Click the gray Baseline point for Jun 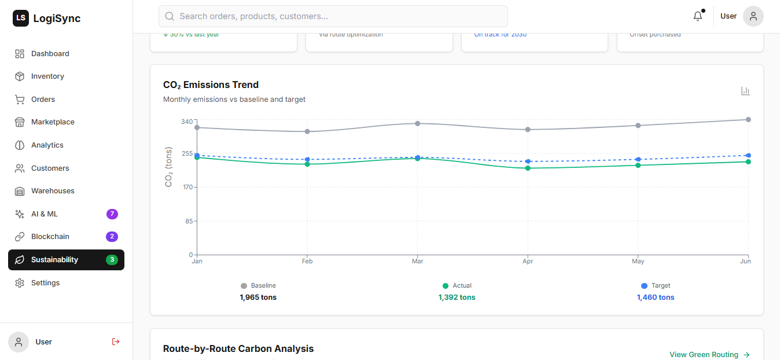pos(748,120)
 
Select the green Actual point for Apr pos(528,168)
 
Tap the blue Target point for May pos(638,159)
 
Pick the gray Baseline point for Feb pos(307,131)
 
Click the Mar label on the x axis pos(417,262)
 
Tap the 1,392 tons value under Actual pos(457,297)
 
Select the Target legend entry pos(656,286)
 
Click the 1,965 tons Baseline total pos(258,297)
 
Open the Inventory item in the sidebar pos(47,76)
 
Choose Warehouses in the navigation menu pos(53,191)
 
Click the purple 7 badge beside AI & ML pos(112,214)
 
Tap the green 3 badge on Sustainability pos(112,260)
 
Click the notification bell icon pos(698,16)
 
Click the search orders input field pos(333,16)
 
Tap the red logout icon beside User pos(116,341)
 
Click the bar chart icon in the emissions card pos(745,91)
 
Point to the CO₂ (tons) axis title pos(169,167)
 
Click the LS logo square pos(21,19)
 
